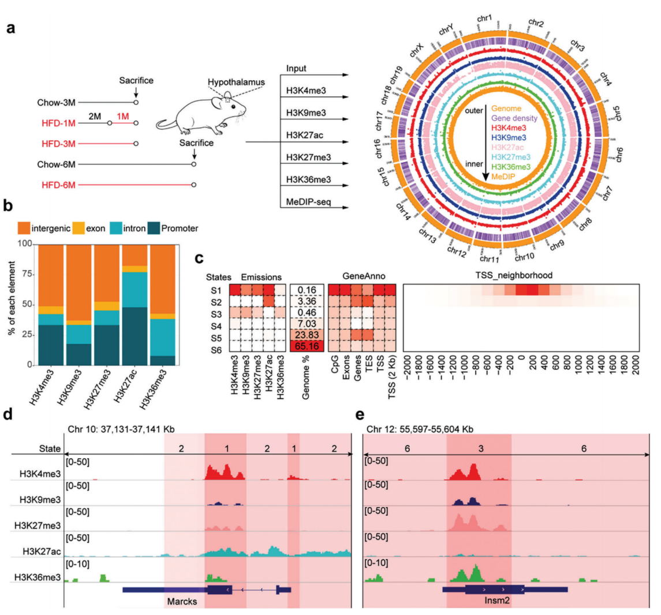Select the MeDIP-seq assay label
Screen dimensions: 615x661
click(x=309, y=202)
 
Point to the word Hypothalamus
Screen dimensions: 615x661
click(x=236, y=82)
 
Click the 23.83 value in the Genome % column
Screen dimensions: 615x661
click(x=306, y=333)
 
